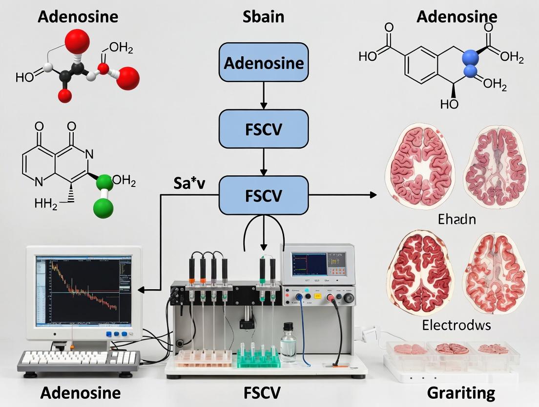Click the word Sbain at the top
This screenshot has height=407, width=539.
click(x=264, y=17)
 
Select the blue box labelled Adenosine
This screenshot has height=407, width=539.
click(x=264, y=63)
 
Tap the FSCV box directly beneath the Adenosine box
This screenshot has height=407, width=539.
click(x=264, y=129)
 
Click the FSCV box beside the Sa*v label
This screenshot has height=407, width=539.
click(x=264, y=195)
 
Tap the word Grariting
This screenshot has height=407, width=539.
click(x=461, y=393)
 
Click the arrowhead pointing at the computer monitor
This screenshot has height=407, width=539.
click(x=142, y=290)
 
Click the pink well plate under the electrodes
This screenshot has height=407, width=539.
click(x=204, y=358)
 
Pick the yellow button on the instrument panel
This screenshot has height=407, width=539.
click(x=317, y=295)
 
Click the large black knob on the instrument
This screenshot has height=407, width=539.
click(x=349, y=297)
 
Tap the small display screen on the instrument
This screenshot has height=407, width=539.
click(x=309, y=263)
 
